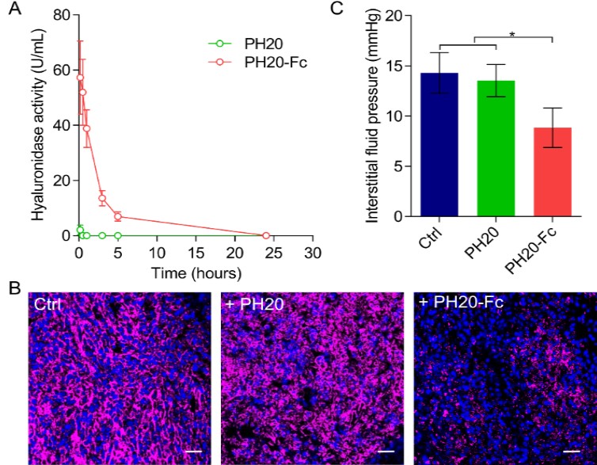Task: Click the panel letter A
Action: click(10, 9)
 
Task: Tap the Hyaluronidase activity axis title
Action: click(37, 124)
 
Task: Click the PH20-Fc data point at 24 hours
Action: click(266, 235)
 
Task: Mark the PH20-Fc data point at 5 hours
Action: click(117, 216)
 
